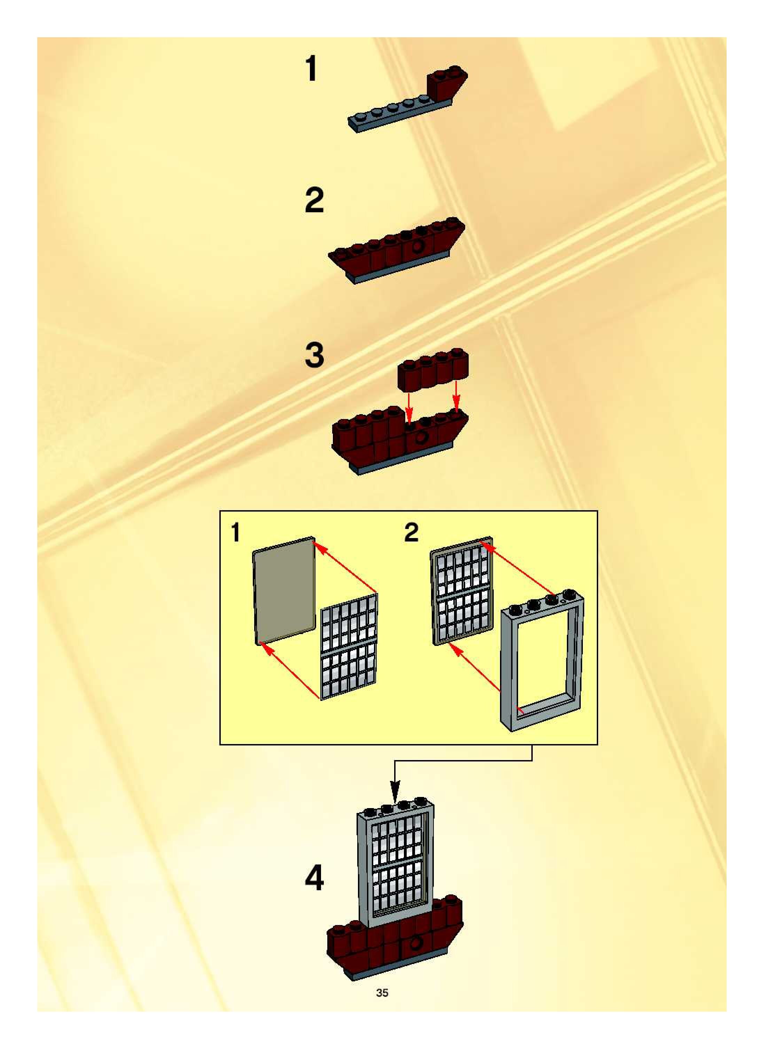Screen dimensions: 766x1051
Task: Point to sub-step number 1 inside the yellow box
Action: point(236,532)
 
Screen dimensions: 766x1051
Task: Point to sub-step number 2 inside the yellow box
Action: point(411,532)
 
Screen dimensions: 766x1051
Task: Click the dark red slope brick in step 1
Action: point(446,84)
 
